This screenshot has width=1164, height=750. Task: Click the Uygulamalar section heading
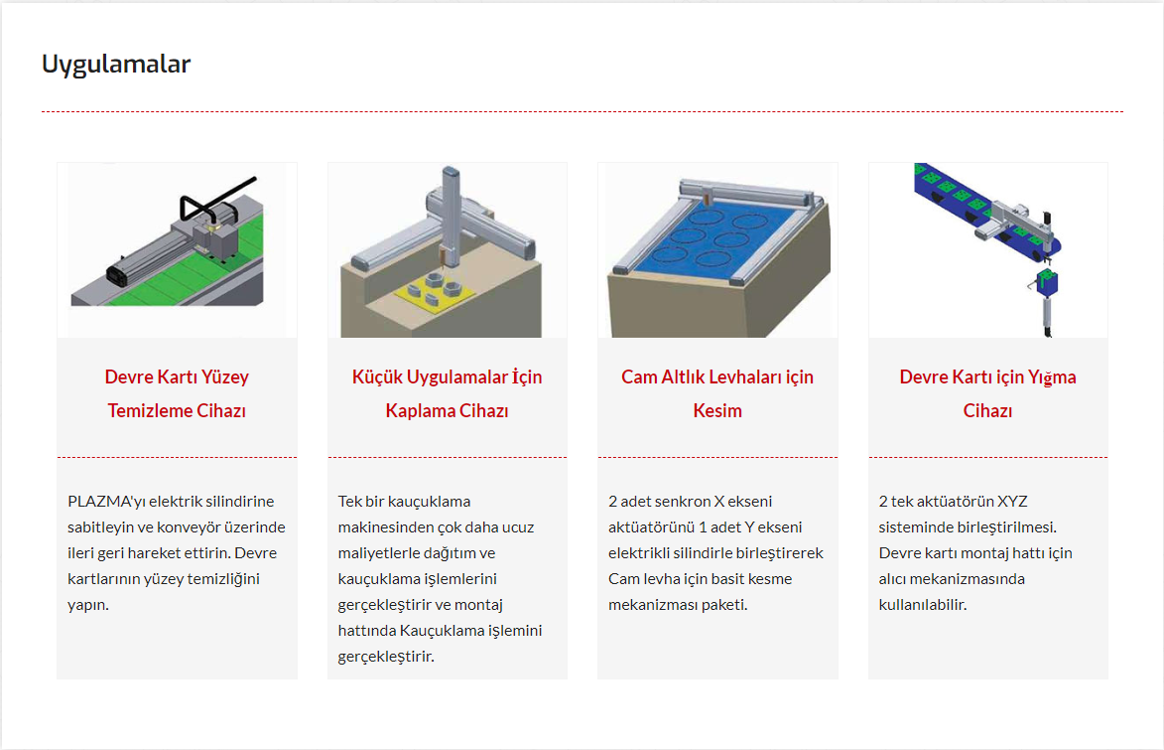coord(116,65)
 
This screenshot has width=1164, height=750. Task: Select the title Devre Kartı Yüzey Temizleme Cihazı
coord(177,393)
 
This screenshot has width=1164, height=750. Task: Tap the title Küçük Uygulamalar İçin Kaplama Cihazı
coord(447,393)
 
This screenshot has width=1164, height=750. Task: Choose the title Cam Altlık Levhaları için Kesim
coord(717,393)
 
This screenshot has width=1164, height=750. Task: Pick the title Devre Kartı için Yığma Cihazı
coord(987,393)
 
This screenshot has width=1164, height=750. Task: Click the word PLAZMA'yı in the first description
coord(106,502)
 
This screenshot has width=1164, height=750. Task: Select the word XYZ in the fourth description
coord(1012,501)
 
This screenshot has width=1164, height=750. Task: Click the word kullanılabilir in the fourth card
coord(923,604)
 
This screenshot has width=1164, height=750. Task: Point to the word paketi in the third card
coord(723,605)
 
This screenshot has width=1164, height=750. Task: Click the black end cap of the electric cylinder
coord(117,273)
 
